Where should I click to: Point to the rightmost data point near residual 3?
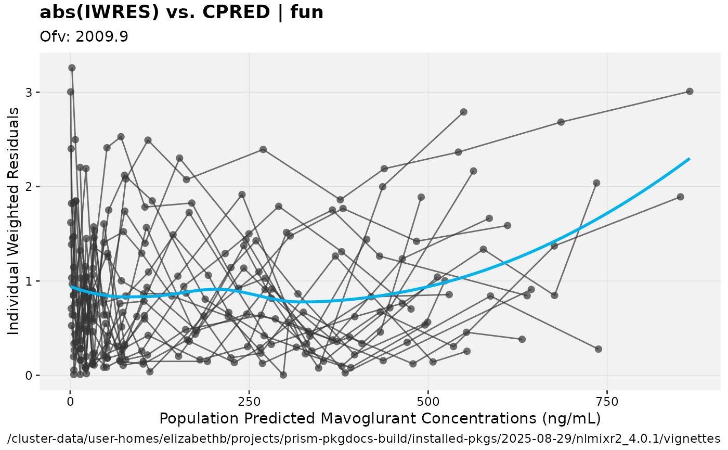(x=690, y=91)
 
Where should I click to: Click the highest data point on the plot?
(x=72, y=68)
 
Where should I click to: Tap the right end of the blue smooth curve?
(x=689, y=159)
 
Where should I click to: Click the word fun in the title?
(x=307, y=12)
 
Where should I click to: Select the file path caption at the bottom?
(x=364, y=438)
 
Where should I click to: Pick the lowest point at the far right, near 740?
(x=598, y=349)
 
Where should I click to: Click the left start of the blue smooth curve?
(x=71, y=286)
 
